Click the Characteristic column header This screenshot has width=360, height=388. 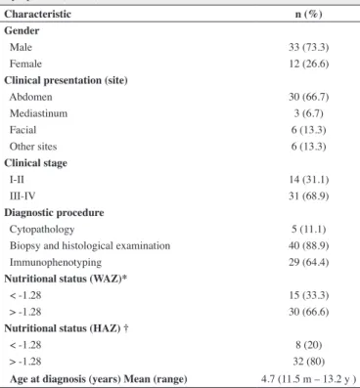pyautogui.click(x=37, y=14)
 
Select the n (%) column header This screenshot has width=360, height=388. pyautogui.click(x=308, y=14)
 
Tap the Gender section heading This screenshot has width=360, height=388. pyautogui.click(x=22, y=30)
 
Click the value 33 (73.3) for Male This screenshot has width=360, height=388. pyautogui.click(x=308, y=47)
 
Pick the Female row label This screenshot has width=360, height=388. pyautogui.click(x=25, y=64)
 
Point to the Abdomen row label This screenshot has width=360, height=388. pyautogui.click(x=30, y=97)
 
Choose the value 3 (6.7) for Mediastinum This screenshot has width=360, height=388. pyautogui.click(x=308, y=113)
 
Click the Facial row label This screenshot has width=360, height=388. pyautogui.click(x=22, y=130)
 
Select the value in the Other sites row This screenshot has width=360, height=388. pyautogui.click(x=308, y=147)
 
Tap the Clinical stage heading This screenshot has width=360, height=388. pyautogui.click(x=35, y=163)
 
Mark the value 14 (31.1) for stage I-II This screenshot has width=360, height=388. pyautogui.click(x=308, y=180)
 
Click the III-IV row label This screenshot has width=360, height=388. pyautogui.click(x=22, y=196)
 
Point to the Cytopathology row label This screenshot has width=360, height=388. pyautogui.click(x=42, y=230)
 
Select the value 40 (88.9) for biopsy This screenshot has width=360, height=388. pyautogui.click(x=308, y=245)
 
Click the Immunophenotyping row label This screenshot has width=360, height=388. pyautogui.click(x=56, y=262)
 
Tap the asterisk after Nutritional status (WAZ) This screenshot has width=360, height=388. pyautogui.click(x=124, y=278)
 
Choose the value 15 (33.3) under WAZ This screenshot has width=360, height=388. pyautogui.click(x=308, y=295)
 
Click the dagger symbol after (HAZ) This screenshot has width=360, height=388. pyautogui.click(x=126, y=328)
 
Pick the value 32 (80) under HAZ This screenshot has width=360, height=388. pyautogui.click(x=308, y=362)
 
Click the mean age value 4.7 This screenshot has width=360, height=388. pyautogui.click(x=268, y=379)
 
